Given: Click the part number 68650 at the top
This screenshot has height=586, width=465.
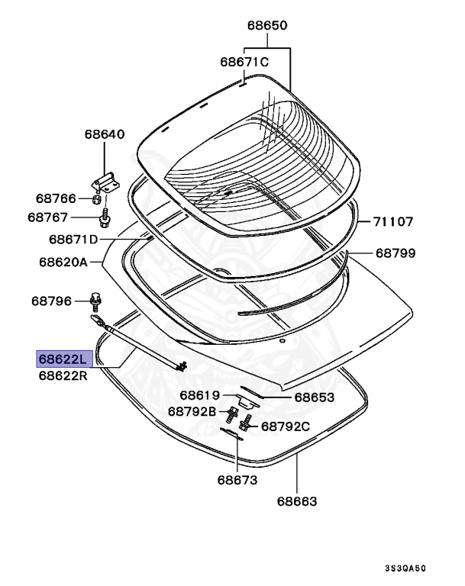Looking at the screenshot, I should coord(266,25).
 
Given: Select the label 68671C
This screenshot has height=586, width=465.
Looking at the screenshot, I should coord(244,62).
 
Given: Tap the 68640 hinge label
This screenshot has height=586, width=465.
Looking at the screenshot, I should coord(104,134).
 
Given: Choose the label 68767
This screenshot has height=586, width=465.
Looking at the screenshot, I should coord(49,217).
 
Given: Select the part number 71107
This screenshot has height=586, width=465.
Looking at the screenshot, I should coord(393,222).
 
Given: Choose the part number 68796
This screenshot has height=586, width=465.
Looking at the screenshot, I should coord(52,301).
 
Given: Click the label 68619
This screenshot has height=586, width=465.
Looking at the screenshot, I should coord(200,395).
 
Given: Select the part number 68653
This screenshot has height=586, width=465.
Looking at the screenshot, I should coord(315,397).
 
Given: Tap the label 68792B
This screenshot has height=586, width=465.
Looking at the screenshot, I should coord(192,411).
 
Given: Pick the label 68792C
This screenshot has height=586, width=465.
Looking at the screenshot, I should coord(286,427).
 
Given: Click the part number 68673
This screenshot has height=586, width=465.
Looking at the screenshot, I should coord(237,481).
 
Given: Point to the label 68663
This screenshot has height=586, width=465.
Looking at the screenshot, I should coord(297,501).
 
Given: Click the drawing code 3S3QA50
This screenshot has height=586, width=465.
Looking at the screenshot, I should coord(405,569).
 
